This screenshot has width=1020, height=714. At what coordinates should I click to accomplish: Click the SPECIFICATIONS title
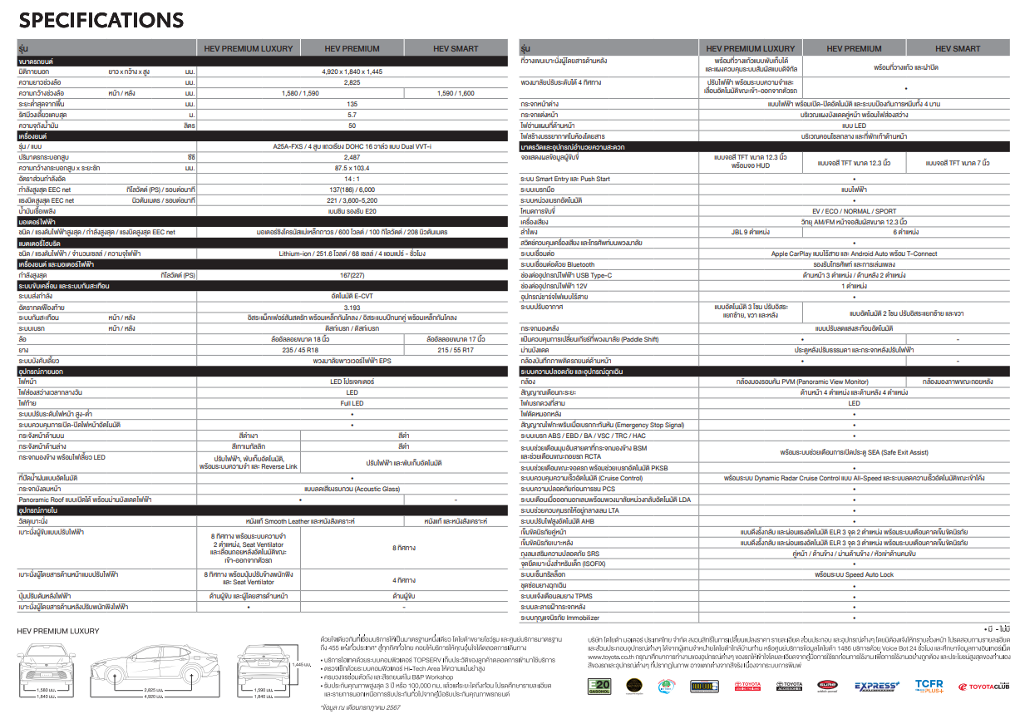pos(101,20)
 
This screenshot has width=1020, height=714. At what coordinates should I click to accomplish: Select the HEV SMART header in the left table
pos(456,49)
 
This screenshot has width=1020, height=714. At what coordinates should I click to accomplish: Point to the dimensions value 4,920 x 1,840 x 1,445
pos(352,72)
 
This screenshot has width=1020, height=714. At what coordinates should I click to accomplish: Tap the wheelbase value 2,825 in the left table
pos(352,83)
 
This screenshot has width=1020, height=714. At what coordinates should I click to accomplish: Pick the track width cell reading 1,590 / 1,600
pos(456,93)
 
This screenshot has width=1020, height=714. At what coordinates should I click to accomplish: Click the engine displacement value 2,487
pos(352,156)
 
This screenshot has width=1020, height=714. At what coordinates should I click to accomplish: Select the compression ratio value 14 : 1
pos(352,179)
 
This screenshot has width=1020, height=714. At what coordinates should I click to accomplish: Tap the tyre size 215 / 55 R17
pos(456,349)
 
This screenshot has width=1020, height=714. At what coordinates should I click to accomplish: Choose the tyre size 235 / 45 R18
pos(300,349)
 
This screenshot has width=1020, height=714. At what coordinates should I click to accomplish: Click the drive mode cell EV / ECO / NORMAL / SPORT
pos(854,211)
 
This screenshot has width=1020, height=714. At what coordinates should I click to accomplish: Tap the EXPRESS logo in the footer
pos(875,685)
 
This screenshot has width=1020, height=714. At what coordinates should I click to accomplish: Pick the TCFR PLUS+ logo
pos(929,685)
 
